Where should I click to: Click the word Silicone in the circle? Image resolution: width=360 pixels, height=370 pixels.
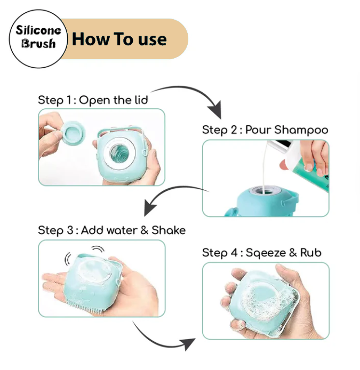[x=38, y=30]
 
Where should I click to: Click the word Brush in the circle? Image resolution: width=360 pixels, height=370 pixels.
[x=38, y=44]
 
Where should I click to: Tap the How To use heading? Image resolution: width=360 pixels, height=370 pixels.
[x=119, y=39]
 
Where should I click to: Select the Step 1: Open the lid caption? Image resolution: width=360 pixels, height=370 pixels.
[x=93, y=100]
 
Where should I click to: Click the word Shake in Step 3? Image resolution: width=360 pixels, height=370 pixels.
[x=169, y=230]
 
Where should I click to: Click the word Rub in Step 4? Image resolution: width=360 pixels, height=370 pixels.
[x=310, y=253]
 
